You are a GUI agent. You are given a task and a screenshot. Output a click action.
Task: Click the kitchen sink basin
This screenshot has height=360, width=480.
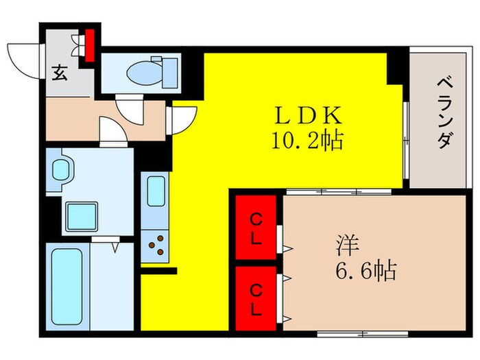156,191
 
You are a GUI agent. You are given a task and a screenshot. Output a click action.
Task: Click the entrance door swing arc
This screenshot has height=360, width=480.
21,59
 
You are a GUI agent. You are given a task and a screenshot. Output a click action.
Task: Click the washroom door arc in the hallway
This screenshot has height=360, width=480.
112,128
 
